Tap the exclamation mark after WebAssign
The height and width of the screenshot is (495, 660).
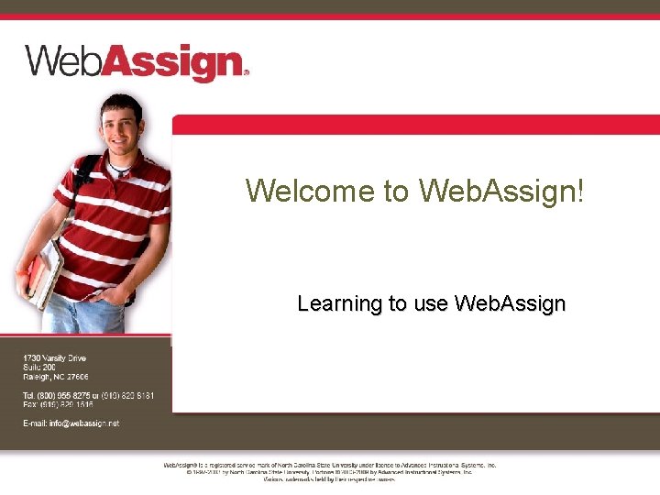tap(578, 191)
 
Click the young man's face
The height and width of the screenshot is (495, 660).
tap(121, 134)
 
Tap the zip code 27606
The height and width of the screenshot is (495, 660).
tap(77, 377)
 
